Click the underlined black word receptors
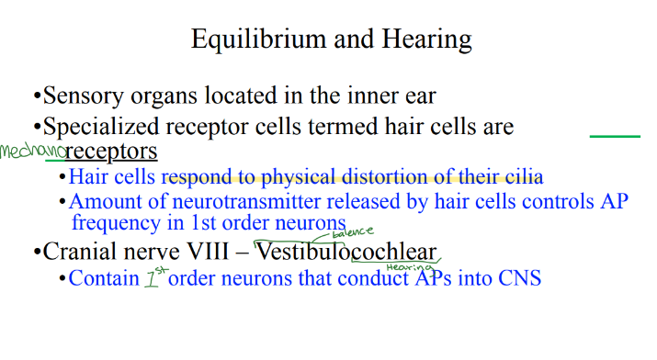click(x=112, y=151)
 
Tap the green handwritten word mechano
click(x=32, y=151)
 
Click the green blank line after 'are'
click(x=614, y=136)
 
